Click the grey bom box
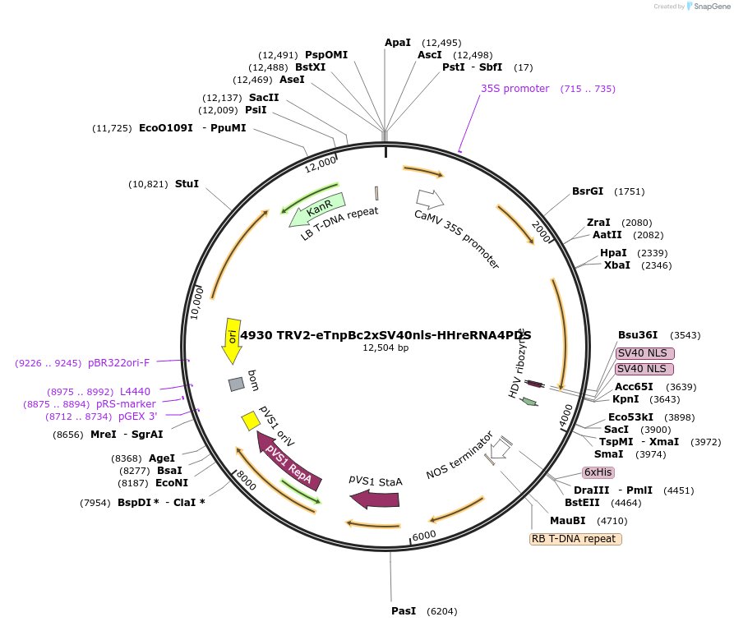[237, 384]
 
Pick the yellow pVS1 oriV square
[251, 421]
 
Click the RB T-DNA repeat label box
[575, 539]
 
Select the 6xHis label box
[598, 472]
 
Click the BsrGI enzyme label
[588, 191]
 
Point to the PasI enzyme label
[404, 611]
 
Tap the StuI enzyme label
[187, 184]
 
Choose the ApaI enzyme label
[398, 42]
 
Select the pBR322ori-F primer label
[118, 362]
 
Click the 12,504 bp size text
[385, 348]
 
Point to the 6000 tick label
[424, 536]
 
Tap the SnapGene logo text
[709, 6]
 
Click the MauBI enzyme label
[567, 520]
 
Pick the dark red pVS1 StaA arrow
[375, 498]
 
